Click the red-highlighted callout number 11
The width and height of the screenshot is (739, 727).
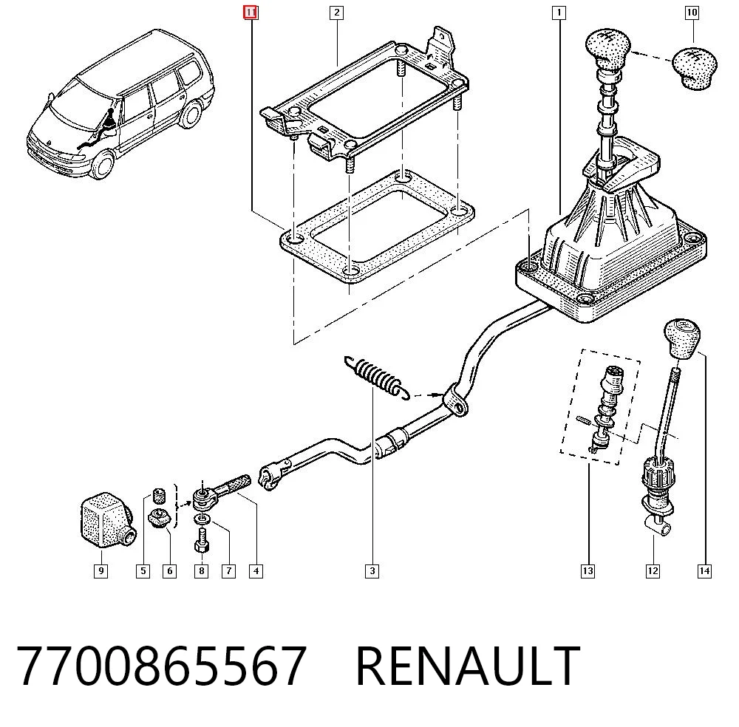[251, 13]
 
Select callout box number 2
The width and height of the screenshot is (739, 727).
[336, 13]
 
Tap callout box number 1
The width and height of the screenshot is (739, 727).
[559, 13]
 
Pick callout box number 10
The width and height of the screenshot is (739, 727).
[692, 13]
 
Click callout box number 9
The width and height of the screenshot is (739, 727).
[101, 571]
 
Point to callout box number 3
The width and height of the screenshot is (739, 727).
[372, 571]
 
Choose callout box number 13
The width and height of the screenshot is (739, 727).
[588, 571]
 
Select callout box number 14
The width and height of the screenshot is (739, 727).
[704, 571]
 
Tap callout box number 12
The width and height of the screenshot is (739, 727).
[653, 571]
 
